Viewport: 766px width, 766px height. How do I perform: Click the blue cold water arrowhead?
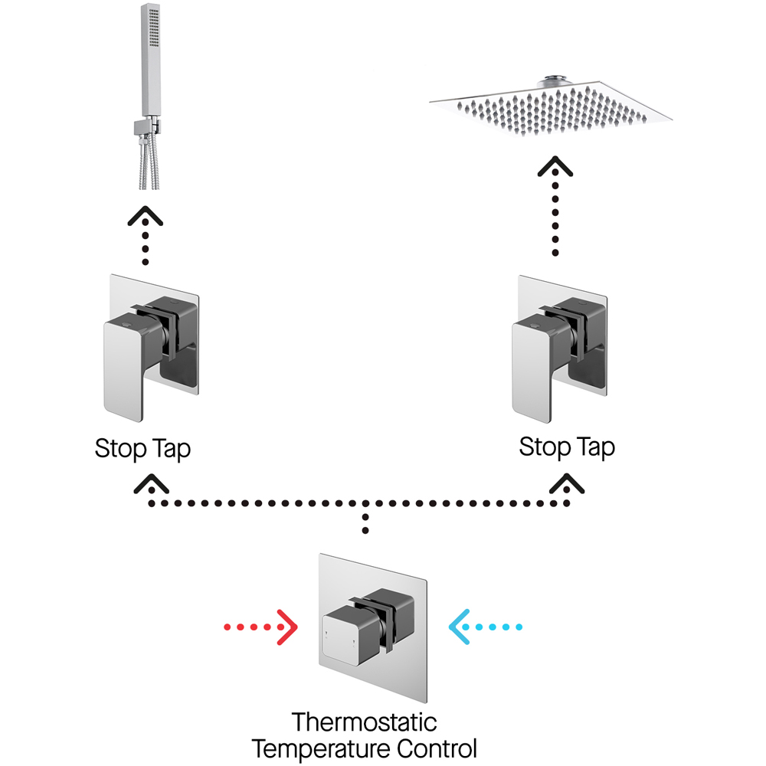point(460,628)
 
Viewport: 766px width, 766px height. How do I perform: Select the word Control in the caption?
point(441,748)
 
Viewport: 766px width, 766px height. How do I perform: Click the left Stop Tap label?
point(142,448)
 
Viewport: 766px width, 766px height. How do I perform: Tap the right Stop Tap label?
point(567,446)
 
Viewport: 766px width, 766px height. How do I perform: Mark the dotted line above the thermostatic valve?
point(366,523)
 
